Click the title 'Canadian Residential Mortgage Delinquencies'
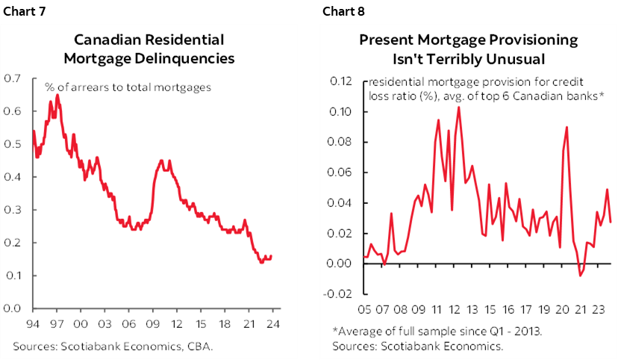pos(160,49)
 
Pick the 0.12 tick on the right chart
pos(340,81)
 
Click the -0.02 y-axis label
pos(339,294)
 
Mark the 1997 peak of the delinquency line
pos(57,96)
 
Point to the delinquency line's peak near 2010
pos(161,160)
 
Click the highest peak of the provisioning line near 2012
pos(458,108)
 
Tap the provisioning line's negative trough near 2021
pos(581,276)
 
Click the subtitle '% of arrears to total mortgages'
pos(127,87)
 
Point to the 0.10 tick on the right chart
pos(340,112)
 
